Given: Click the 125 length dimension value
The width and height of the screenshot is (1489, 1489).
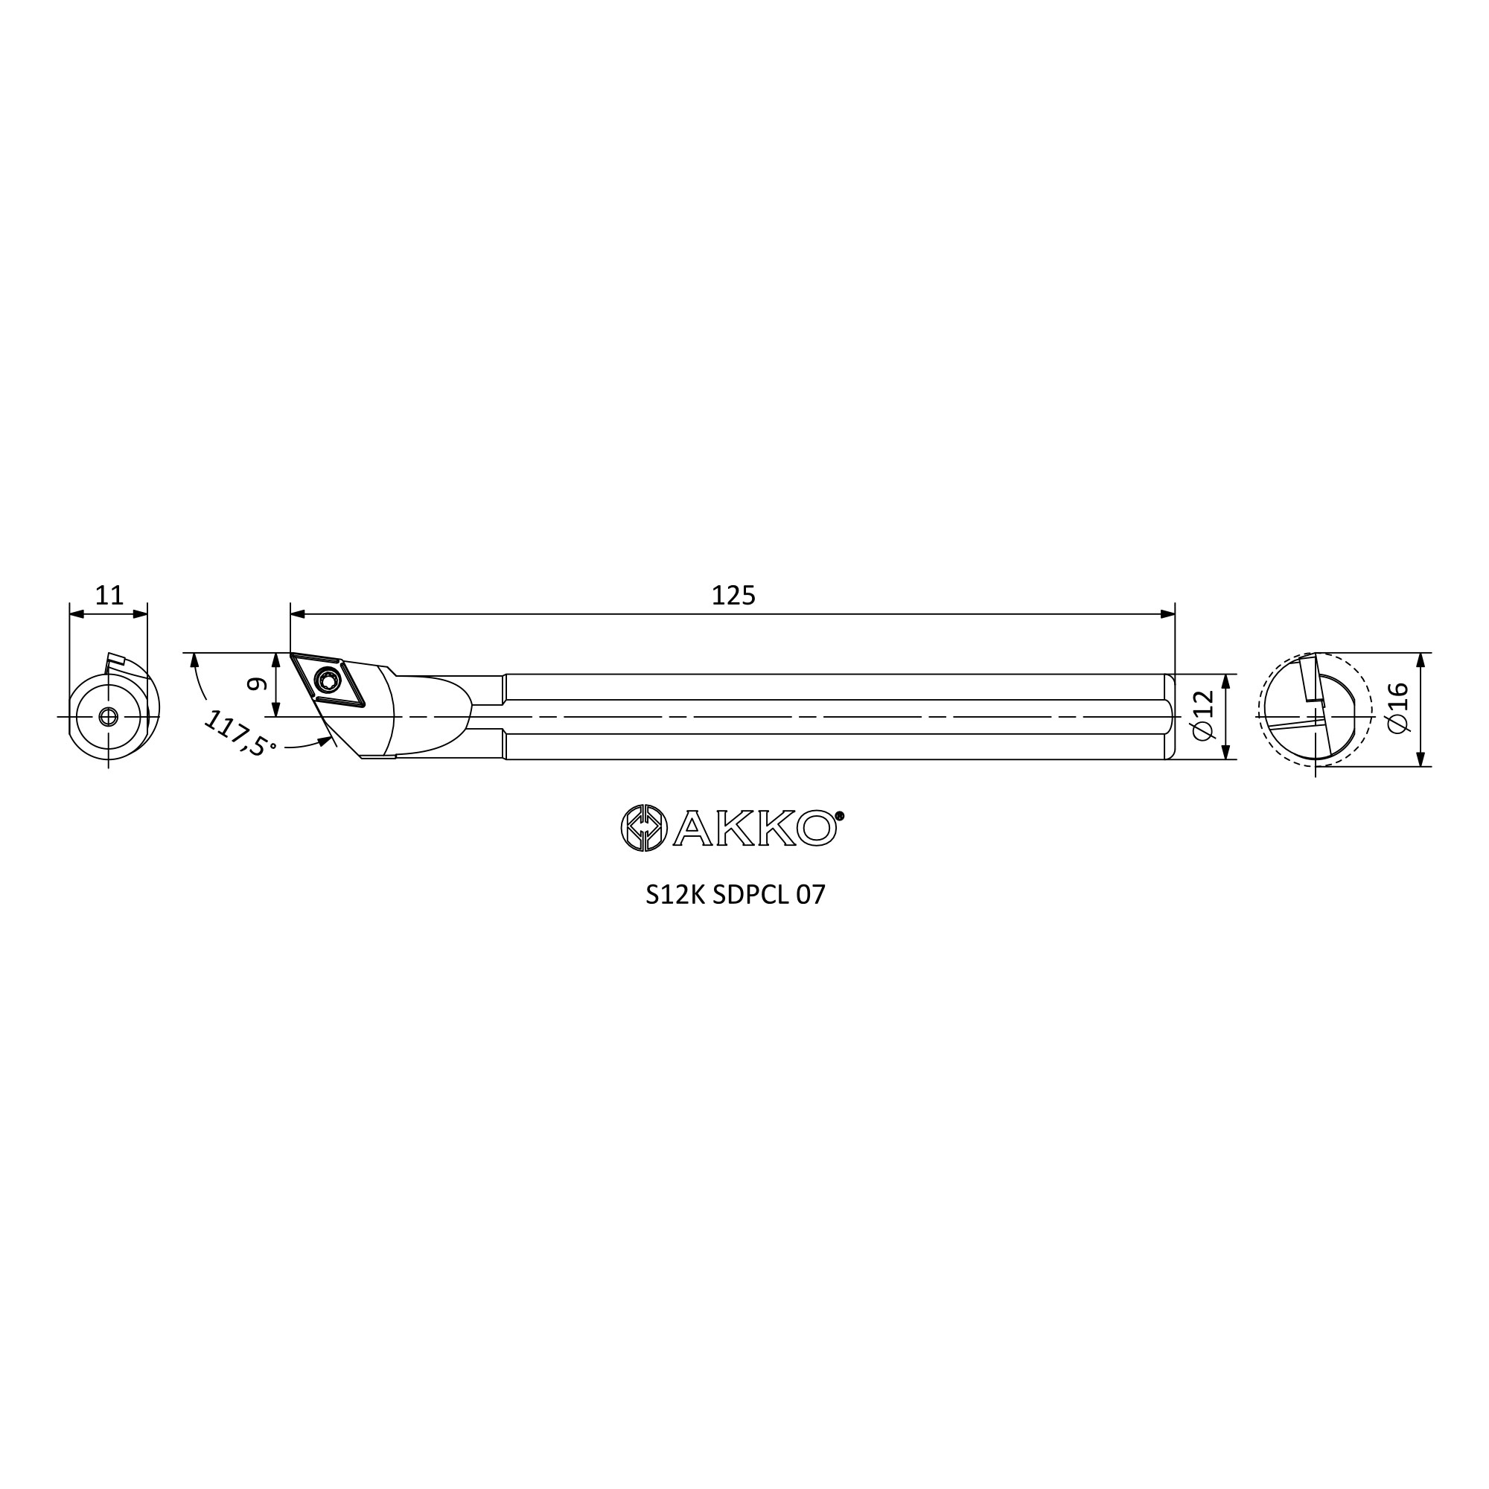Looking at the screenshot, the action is [x=733, y=596].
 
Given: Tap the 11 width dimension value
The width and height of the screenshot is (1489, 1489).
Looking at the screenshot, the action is [x=109, y=596].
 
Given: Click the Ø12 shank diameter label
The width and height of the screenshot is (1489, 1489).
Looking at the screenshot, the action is [x=1203, y=716].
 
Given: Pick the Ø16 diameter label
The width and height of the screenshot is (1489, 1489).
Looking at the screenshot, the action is [x=1397, y=708].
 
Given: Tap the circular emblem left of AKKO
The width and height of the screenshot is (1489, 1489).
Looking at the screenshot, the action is [x=643, y=829].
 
